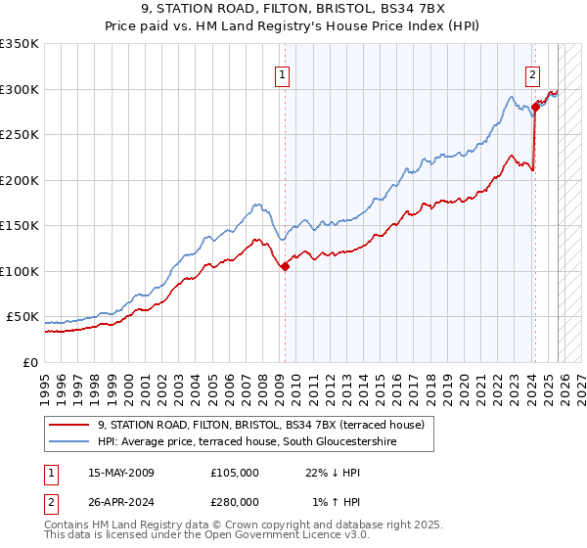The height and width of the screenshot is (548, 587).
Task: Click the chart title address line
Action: pyautogui.click(x=293, y=11)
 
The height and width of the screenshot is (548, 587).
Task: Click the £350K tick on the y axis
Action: pyautogui.click(x=20, y=44)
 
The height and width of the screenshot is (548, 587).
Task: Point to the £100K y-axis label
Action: pyautogui.click(x=20, y=271)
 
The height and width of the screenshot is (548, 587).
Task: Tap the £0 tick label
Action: pyautogui.click(x=29, y=362)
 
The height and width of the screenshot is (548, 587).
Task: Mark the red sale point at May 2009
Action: pyautogui.click(x=285, y=266)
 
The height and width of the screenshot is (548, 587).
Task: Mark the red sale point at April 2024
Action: pyautogui.click(x=535, y=108)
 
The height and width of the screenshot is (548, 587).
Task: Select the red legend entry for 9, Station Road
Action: pyautogui.click(x=260, y=425)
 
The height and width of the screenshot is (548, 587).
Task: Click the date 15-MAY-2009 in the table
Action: pyautogui.click(x=121, y=473)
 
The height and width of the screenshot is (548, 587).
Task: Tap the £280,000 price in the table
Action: pyautogui.click(x=235, y=502)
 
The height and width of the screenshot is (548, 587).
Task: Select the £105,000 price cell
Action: pyautogui.click(x=235, y=473)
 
